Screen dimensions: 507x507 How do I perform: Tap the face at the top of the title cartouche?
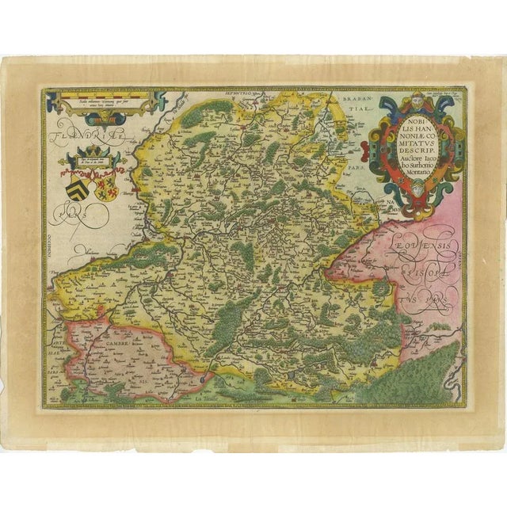[417, 101]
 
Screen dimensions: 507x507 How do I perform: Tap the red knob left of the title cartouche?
[377, 123]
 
